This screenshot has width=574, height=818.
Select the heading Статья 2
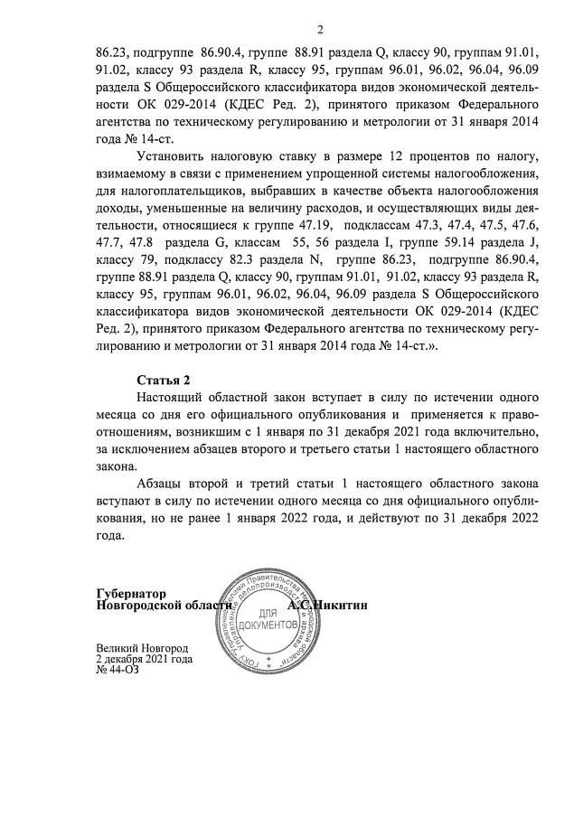(163, 379)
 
